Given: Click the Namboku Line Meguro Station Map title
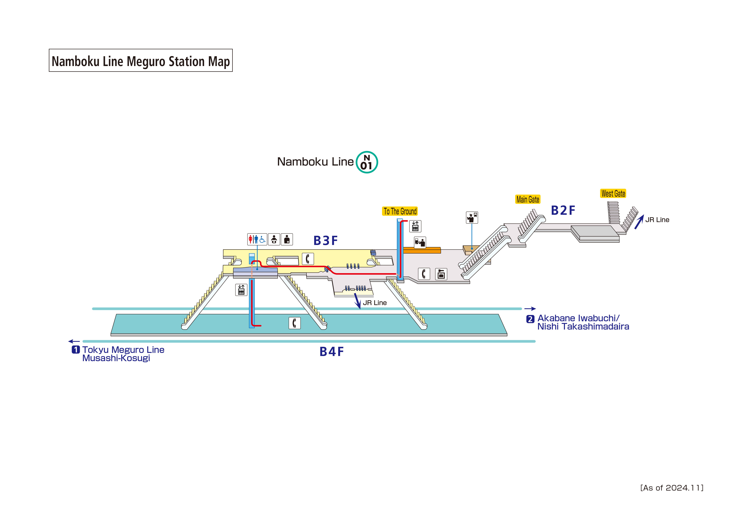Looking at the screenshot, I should click(x=141, y=61).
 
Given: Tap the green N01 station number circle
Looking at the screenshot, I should click(x=367, y=162).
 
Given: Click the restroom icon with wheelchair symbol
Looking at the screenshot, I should click(x=257, y=239).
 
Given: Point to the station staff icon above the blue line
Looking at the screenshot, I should click(x=472, y=218).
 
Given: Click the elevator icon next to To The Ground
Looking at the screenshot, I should click(x=415, y=226).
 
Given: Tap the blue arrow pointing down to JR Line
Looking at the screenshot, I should click(x=358, y=301).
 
